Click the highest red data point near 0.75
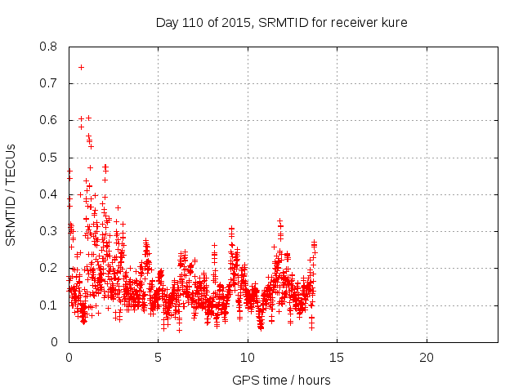coord(81,67)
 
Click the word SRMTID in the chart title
coord(282,22)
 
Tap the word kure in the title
coord(393,22)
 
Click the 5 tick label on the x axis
coord(158,357)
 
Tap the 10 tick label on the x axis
coord(248,357)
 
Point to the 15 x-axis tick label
coord(337,357)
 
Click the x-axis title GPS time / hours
coord(282,380)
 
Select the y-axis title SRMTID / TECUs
coord(11,194)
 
